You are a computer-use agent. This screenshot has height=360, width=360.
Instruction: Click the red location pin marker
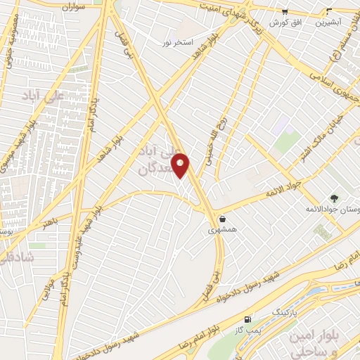pyautogui.click(x=181, y=165)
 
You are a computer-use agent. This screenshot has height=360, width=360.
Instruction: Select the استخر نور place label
pyautogui.click(x=176, y=43)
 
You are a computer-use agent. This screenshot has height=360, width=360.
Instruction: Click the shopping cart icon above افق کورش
pyautogui.click(x=285, y=11)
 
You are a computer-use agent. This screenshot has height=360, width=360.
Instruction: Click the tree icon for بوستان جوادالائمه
pyautogui.click(x=334, y=198)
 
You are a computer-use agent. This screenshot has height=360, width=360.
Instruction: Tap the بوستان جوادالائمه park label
pyautogui.click(x=332, y=210)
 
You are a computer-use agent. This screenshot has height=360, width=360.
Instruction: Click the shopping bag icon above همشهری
pyautogui.click(x=222, y=219)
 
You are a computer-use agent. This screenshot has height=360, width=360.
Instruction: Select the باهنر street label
pyautogui.click(x=48, y=223)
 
